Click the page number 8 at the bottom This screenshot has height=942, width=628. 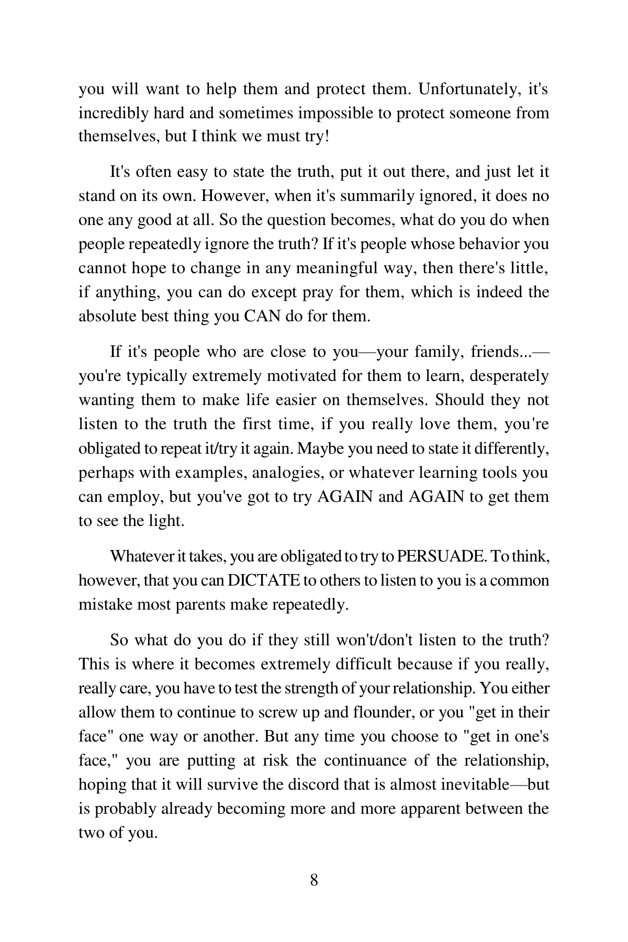click(x=314, y=880)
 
